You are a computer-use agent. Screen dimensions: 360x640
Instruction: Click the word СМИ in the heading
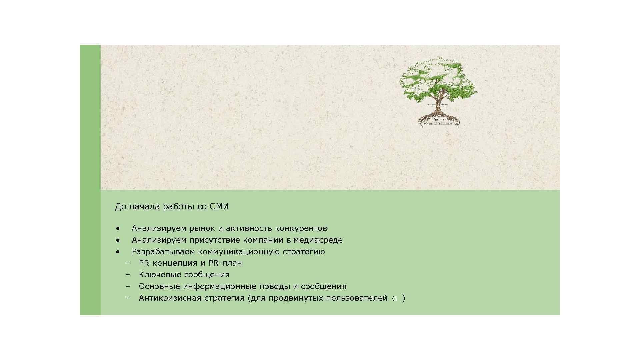coord(219,207)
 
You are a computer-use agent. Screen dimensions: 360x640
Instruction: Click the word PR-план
coord(225,263)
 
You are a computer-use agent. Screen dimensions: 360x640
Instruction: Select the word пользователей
coord(357,298)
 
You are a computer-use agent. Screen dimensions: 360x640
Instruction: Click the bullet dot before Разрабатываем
coord(118,252)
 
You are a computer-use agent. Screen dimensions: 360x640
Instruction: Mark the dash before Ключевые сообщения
coord(127,275)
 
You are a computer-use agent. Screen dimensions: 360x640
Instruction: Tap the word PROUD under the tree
coord(438,119)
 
